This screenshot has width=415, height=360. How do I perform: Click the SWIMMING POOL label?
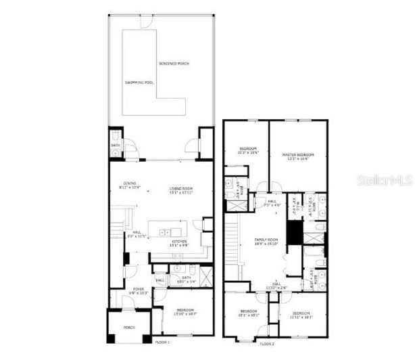[140, 82]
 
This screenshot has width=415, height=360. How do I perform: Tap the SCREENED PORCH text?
[174, 64]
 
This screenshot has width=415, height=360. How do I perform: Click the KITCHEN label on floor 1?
[179, 241]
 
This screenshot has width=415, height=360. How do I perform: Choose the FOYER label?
[139, 289]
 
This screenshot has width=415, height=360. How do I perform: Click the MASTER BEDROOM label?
[299, 155]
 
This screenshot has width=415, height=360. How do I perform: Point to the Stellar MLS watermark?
[379, 181]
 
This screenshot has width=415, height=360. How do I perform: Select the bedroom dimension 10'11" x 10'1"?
[301, 317]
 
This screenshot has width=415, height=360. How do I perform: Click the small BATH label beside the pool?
[115, 144]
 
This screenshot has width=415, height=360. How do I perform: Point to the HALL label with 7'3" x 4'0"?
[272, 202]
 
